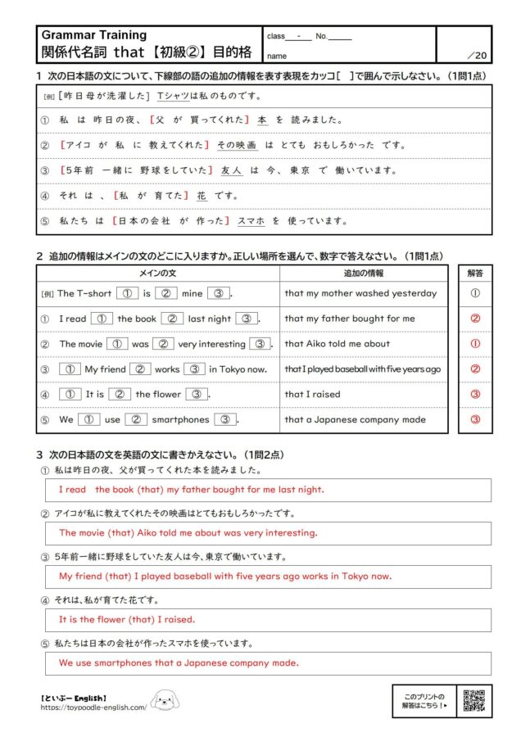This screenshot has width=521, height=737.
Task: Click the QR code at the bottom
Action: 474,701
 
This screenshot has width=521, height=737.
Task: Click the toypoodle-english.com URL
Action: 93,708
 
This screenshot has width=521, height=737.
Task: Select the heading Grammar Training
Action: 94,35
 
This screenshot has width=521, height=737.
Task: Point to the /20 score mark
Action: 476,55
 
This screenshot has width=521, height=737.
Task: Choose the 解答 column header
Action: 475,273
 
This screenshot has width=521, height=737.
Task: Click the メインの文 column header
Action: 158,273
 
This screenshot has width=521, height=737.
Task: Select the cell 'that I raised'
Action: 312,394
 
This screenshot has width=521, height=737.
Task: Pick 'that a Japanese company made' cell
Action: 355,419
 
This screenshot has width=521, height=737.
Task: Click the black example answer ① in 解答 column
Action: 475,293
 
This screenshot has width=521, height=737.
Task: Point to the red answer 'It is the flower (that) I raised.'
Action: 127,619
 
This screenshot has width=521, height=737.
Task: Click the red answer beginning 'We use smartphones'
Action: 179,662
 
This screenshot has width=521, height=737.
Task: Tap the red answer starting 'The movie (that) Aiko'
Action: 188,532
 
